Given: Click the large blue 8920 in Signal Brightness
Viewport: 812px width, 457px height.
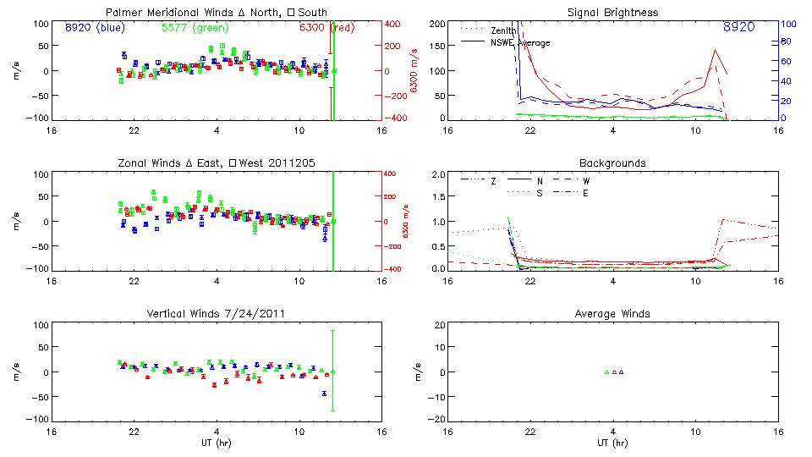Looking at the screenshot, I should coord(738,27).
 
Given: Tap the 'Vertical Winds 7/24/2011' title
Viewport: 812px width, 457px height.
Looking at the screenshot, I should coord(216,313).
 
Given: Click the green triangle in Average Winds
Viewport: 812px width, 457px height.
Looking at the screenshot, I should coord(606,372).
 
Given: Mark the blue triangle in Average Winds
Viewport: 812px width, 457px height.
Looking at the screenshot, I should coord(621,372).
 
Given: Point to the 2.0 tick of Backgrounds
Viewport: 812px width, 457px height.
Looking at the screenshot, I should coord(436,174).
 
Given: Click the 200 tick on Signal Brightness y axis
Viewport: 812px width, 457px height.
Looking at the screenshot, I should coord(435,24).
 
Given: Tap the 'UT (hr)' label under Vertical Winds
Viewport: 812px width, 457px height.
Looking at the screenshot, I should coord(216,443).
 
